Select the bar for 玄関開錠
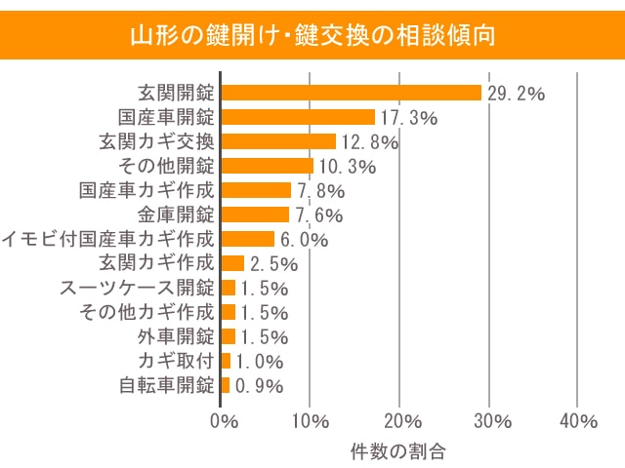351,93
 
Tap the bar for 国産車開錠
298,117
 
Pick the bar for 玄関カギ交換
277,141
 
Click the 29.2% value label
515,94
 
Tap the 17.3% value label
408,118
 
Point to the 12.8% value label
368,142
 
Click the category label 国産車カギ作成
146,190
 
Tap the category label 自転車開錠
166,385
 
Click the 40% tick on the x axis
578,421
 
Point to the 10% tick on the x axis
310,421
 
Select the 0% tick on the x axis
225,421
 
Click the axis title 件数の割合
398,451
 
